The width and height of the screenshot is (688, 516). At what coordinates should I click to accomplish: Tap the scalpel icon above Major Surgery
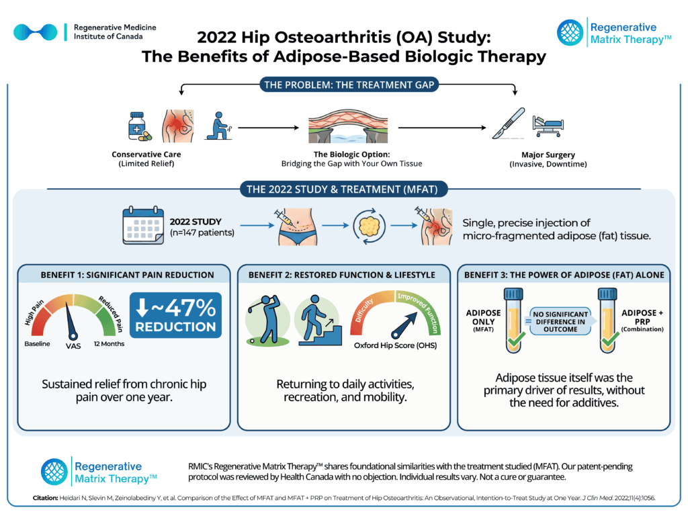(508, 124)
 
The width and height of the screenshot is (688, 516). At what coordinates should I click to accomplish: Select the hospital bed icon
(548, 126)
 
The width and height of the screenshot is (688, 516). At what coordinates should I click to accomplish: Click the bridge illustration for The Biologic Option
(348, 126)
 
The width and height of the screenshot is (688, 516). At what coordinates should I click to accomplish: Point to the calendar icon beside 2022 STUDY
(143, 226)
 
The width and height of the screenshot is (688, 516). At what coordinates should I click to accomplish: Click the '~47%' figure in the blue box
(183, 308)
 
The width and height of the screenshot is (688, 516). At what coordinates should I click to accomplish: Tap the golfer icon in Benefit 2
(267, 319)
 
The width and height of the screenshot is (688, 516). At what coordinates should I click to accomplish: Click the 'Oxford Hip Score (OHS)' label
(395, 345)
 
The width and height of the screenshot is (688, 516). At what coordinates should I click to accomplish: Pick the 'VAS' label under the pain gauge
(73, 346)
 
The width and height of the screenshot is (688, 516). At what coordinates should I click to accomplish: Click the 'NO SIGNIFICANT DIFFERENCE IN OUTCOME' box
(560, 322)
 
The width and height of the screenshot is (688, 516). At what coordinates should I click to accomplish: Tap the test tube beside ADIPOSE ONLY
(514, 320)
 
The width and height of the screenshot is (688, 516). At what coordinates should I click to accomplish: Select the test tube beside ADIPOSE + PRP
(607, 320)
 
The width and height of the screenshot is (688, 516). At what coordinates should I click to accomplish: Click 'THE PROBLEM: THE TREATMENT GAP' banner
(349, 85)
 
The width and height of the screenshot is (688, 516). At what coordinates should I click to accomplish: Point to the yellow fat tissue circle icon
(370, 226)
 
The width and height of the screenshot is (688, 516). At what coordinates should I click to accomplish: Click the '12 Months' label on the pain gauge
(110, 343)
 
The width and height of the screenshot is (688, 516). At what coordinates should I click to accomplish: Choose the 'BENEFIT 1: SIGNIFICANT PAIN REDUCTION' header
(127, 275)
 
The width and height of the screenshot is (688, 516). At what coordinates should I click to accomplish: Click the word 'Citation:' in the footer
(45, 498)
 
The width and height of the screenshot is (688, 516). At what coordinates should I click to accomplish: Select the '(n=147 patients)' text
(202, 232)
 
